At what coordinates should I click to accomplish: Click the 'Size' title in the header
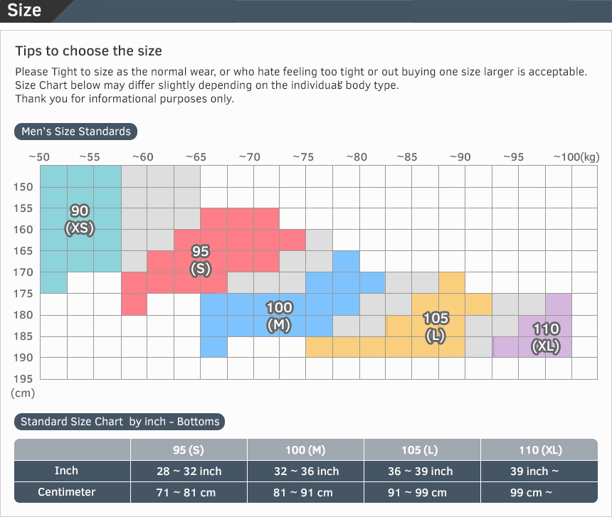click(24, 11)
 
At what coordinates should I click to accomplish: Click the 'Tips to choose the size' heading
click(89, 51)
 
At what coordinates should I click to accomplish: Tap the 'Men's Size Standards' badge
click(76, 132)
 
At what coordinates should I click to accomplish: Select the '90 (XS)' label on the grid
click(80, 220)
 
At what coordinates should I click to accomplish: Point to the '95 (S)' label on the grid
click(201, 260)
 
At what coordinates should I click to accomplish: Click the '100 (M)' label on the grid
click(279, 316)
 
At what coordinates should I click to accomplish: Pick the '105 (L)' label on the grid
click(436, 327)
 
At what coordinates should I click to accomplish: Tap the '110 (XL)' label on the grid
click(546, 338)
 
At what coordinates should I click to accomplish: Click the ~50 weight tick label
click(38, 157)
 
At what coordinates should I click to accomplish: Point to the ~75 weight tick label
click(303, 157)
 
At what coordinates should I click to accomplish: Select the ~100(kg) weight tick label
click(576, 157)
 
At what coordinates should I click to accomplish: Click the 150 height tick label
click(23, 187)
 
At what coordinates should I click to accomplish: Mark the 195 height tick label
click(23, 378)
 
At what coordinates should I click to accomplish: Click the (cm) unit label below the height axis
click(23, 393)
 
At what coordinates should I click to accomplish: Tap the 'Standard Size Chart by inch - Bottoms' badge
click(120, 422)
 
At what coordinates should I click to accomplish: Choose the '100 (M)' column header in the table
click(305, 450)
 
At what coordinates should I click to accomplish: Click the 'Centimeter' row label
click(67, 492)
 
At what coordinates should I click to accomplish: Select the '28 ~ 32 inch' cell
click(189, 471)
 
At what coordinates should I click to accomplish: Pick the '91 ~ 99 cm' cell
click(422, 493)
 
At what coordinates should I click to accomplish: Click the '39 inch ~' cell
click(539, 471)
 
